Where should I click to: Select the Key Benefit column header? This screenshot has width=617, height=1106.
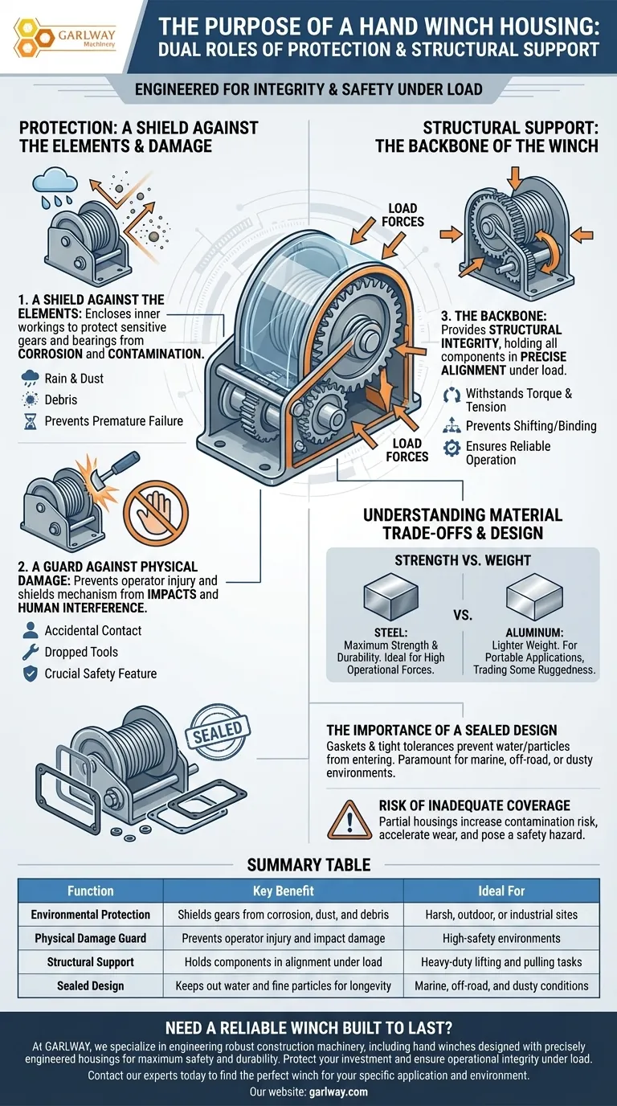[x=283, y=891]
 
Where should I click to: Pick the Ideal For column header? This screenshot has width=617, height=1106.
[x=501, y=891]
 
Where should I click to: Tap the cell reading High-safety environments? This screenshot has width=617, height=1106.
[x=501, y=938]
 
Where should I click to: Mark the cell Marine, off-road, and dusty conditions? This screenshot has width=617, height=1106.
[x=501, y=985]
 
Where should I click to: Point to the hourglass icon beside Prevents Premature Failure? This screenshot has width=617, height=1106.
[x=31, y=420]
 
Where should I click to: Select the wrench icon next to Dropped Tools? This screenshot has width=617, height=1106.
[x=31, y=652]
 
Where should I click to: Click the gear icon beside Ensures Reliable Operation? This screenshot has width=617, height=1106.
[x=452, y=448]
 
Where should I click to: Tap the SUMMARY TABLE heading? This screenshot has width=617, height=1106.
[x=308, y=865]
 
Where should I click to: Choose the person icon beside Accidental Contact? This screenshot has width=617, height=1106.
[x=31, y=630]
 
